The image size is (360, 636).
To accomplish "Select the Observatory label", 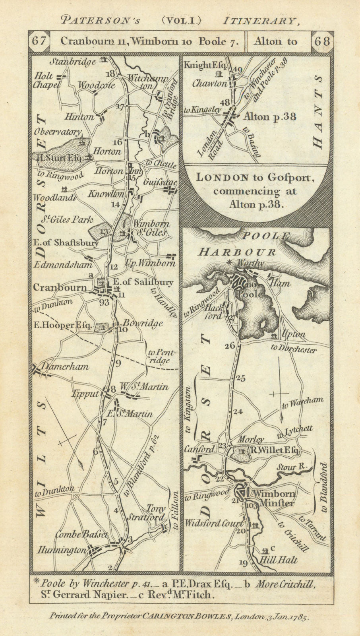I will [x=57, y=131].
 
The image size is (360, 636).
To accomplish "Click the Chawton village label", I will [x=210, y=83].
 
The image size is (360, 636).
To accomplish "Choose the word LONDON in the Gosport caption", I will [x=219, y=178].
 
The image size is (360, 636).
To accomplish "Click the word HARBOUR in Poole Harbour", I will [x=238, y=251].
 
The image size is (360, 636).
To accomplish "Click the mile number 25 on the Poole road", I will [x=240, y=378].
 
